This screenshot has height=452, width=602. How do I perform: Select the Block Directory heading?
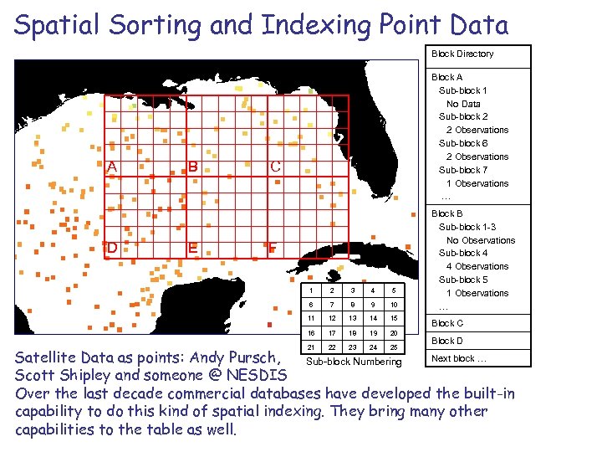click(x=462, y=54)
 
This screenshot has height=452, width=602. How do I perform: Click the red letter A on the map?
click(x=111, y=166)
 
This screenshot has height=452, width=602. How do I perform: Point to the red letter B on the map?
click(x=192, y=166)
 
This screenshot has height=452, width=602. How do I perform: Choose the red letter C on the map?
click(x=274, y=166)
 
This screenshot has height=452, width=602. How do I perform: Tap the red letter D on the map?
click(x=112, y=248)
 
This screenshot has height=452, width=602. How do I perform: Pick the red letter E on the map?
click(x=192, y=248)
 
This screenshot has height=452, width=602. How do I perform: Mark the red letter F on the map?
click(x=273, y=248)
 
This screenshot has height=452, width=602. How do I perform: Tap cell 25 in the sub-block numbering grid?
click(x=392, y=347)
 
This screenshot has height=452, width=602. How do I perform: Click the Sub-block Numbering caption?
click(x=354, y=362)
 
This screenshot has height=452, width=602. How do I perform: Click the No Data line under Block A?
click(x=463, y=104)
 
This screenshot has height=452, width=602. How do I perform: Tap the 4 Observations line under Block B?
click(x=477, y=266)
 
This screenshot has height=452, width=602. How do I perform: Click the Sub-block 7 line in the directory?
click(x=463, y=170)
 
